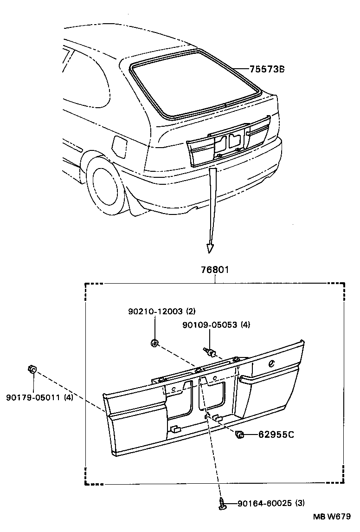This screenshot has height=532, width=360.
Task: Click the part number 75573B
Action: tap(266, 70)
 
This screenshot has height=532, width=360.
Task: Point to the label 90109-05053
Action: tap(209, 325)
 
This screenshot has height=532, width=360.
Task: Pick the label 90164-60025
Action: tap(265, 503)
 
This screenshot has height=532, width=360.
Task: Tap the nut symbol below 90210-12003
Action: tap(154, 344)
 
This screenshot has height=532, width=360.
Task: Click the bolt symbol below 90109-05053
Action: tap(210, 352)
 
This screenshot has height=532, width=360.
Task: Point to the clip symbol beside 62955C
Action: tap(239, 435)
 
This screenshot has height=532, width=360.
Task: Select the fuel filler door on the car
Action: tap(119, 145)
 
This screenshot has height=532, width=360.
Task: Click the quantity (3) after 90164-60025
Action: tap(300, 503)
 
